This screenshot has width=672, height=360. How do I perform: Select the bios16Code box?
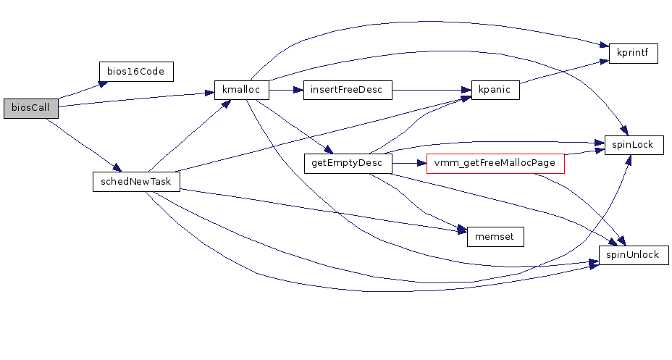136,72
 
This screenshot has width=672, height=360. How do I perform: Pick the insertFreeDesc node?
348,91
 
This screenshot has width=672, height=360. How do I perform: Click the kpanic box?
495,91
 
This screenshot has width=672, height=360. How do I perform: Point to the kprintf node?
633,54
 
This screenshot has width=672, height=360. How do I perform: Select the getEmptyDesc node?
348,164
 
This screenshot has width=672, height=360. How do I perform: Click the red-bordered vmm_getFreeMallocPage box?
495,164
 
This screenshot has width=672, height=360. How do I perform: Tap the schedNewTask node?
136,181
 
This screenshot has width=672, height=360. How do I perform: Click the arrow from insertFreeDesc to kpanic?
431,91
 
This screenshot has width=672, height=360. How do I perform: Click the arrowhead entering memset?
461,231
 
